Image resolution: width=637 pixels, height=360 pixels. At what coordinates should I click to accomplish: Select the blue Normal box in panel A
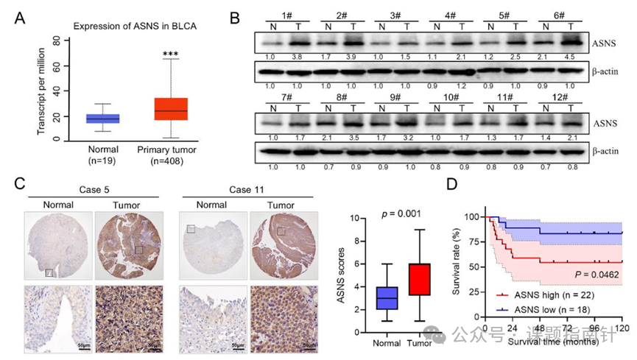tap(102, 118)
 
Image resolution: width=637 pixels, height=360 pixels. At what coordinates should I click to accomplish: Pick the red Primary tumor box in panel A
tap(171, 108)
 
